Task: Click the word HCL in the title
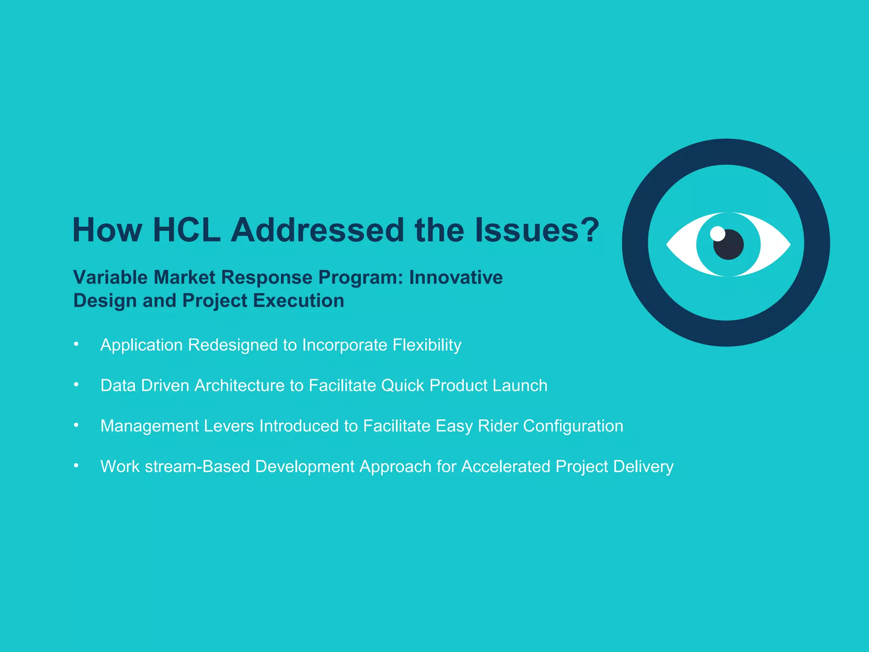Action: click(x=187, y=230)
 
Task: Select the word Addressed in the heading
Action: click(x=317, y=230)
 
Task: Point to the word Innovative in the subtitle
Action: click(x=456, y=278)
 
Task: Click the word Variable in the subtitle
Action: click(x=110, y=278)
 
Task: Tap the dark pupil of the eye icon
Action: click(x=729, y=244)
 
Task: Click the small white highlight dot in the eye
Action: click(x=718, y=233)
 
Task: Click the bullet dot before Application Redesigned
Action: click(x=76, y=344)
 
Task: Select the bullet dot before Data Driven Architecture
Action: click(x=76, y=385)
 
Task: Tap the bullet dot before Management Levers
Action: click(x=76, y=425)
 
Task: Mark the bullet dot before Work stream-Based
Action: click(x=76, y=466)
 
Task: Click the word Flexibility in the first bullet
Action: click(x=427, y=345)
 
